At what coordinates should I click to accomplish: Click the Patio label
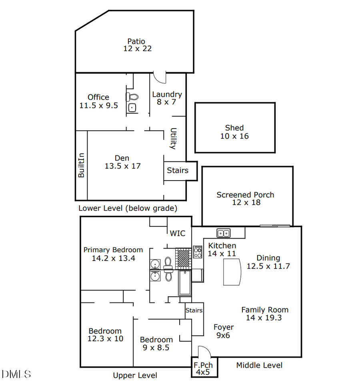click(136, 41)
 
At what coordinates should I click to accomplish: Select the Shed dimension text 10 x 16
click(234, 136)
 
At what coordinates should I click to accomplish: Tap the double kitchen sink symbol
click(223, 233)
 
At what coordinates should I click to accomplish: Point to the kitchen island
click(232, 272)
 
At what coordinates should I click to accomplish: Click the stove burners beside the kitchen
click(198, 251)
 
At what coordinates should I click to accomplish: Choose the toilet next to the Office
click(132, 97)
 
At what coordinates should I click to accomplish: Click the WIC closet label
click(178, 233)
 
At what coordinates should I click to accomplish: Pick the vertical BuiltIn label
click(81, 165)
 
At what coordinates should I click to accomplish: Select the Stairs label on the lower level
click(178, 171)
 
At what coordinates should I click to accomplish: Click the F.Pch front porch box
click(204, 368)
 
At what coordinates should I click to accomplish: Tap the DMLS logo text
click(16, 374)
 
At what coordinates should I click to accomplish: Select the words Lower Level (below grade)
click(128, 208)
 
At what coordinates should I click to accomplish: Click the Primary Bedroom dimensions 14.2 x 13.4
click(113, 259)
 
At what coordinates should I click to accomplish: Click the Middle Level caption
click(259, 365)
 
